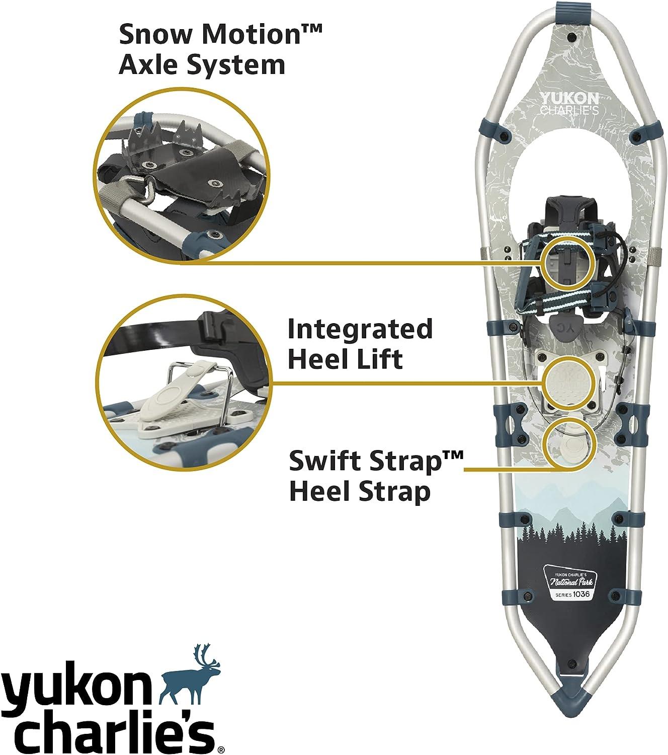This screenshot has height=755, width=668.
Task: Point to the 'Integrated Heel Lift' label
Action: point(360,344)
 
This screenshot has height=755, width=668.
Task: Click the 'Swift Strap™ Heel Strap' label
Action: point(375,476)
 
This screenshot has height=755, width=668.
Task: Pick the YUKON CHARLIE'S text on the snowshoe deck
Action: point(569,104)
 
